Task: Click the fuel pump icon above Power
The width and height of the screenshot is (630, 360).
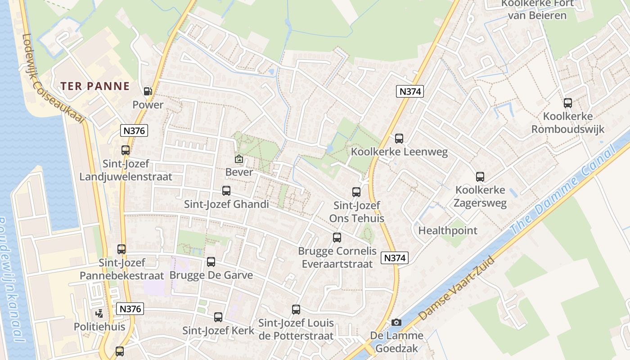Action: (148, 91)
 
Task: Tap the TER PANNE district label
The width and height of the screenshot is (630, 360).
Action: (95, 86)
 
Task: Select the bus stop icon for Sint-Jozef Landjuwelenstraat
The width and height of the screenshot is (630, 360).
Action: (126, 150)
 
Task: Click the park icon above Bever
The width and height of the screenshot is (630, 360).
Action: (239, 159)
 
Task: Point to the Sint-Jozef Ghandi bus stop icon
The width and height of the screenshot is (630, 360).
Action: (226, 191)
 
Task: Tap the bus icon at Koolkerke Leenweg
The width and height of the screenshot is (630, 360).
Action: (399, 139)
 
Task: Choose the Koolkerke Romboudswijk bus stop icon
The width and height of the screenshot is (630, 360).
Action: (568, 103)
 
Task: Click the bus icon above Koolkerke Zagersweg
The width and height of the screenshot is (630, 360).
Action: (480, 177)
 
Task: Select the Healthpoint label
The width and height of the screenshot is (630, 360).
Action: (448, 231)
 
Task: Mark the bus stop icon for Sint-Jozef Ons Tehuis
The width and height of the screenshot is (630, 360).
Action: (356, 192)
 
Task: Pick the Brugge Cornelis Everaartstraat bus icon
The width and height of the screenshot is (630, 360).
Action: (337, 238)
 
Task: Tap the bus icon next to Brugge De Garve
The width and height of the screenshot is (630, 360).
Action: (211, 262)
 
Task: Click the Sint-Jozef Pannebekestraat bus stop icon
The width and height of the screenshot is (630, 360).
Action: (121, 249)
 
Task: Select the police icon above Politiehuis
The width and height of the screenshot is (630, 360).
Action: (99, 313)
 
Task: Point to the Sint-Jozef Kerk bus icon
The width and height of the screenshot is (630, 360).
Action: (218, 317)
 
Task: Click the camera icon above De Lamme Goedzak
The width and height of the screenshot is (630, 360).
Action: (396, 322)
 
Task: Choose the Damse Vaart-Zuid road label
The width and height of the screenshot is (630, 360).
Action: (457, 288)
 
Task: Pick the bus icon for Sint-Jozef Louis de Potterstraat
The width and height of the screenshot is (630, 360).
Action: (296, 310)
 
